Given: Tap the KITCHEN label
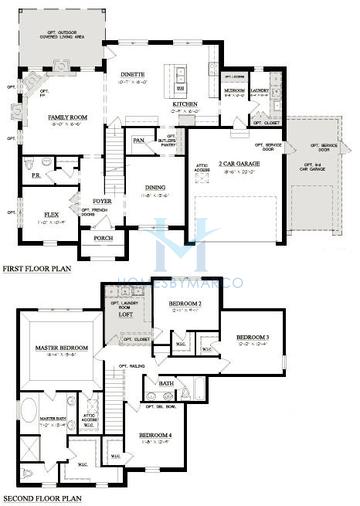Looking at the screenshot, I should tap(185, 103).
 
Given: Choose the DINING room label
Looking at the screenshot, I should tap(153, 187).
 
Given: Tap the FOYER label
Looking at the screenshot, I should tap(103, 200).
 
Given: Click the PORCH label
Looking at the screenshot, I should tap(102, 239).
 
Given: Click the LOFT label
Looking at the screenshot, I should tap(126, 314).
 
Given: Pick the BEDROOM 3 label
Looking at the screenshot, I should tap(253, 337).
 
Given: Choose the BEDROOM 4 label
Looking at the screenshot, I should tap(155, 435).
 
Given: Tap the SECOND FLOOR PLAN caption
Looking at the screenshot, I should tap(42, 498).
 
